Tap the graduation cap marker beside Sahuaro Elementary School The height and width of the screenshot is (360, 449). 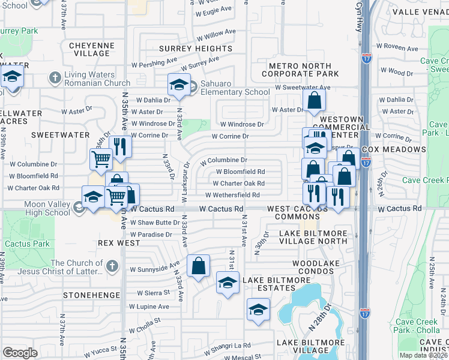tap(179, 86)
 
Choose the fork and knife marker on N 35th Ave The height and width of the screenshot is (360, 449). tap(121, 148)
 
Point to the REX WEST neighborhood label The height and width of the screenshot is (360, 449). tap(119, 244)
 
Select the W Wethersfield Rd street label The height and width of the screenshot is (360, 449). tap(232, 195)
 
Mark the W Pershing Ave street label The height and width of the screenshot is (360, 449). tap(155, 62)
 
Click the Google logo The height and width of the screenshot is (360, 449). tap(20, 353)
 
